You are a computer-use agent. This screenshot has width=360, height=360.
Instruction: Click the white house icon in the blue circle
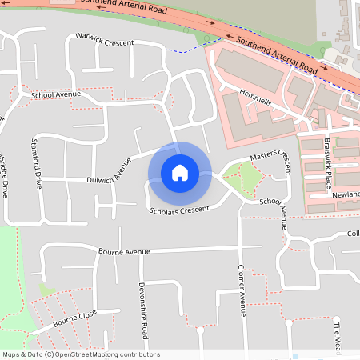tap(180, 173)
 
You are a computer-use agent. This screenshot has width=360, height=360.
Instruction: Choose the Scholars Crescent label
tap(179, 210)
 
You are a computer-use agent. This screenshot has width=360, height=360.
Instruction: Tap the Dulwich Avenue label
tap(109, 170)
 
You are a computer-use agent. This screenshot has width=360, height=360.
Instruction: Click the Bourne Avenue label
tap(124, 252)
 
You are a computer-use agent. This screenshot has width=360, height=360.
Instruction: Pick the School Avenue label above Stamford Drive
tap(56, 95)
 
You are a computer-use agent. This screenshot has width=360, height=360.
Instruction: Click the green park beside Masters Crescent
tap(242, 180)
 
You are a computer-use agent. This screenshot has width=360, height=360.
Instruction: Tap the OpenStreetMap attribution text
tap(81, 354)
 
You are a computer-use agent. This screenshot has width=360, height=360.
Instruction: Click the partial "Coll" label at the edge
tap(352, 234)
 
